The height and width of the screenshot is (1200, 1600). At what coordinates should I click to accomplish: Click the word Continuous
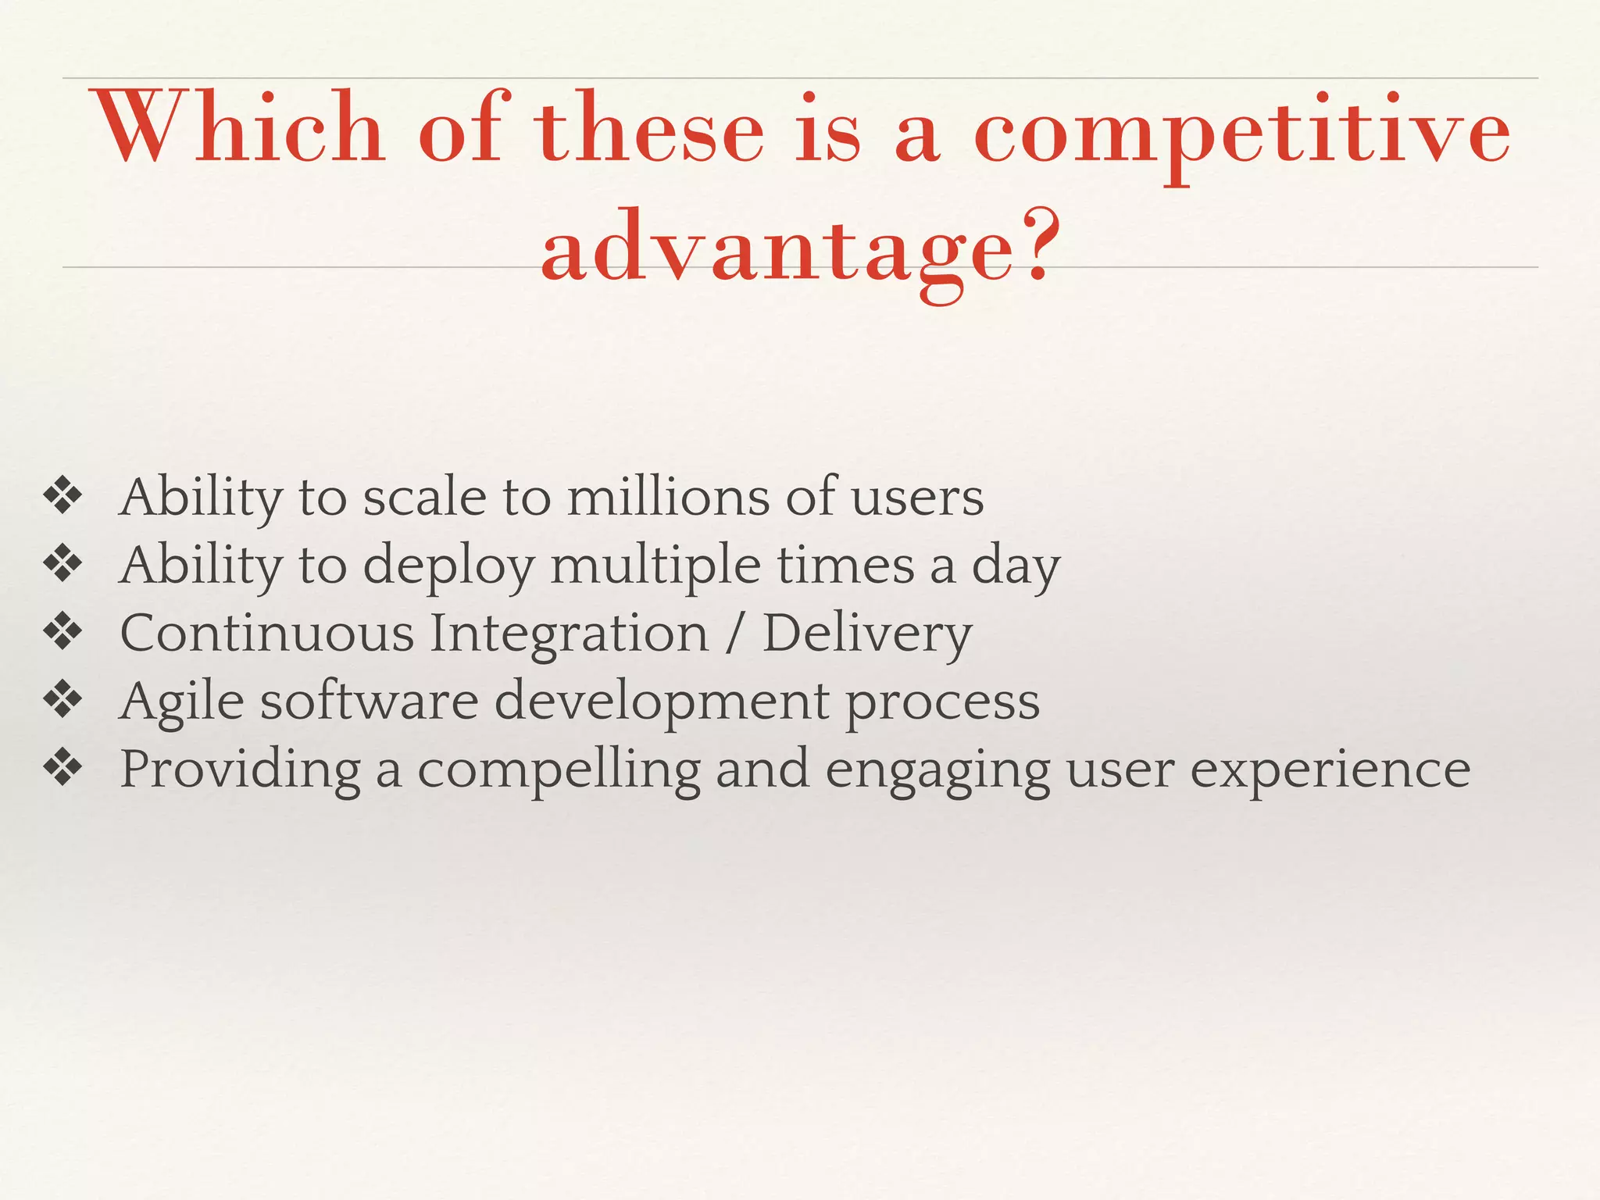point(266,633)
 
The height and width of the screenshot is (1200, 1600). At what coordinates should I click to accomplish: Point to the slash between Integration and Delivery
point(733,634)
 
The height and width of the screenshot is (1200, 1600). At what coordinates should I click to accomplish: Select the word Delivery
point(866,634)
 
